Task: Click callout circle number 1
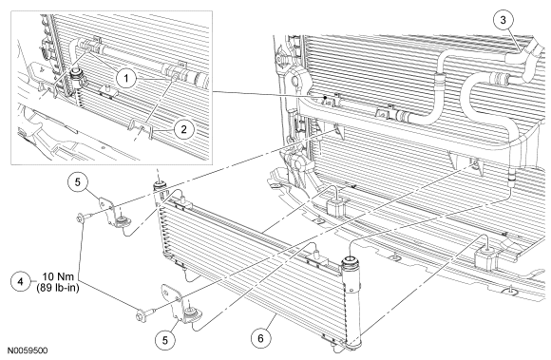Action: [126, 78]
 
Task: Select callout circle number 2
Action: [183, 129]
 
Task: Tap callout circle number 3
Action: [503, 20]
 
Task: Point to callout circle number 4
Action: [21, 282]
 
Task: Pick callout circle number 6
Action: [260, 338]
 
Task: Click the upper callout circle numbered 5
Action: [78, 182]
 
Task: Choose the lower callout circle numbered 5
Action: [164, 340]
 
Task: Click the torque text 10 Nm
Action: [58, 276]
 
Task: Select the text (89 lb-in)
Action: [58, 288]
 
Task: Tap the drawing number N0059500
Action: [28, 351]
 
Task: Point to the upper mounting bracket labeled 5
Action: [113, 215]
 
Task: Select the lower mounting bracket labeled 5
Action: [180, 305]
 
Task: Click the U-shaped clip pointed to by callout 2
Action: [142, 129]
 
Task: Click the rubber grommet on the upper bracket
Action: [123, 221]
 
